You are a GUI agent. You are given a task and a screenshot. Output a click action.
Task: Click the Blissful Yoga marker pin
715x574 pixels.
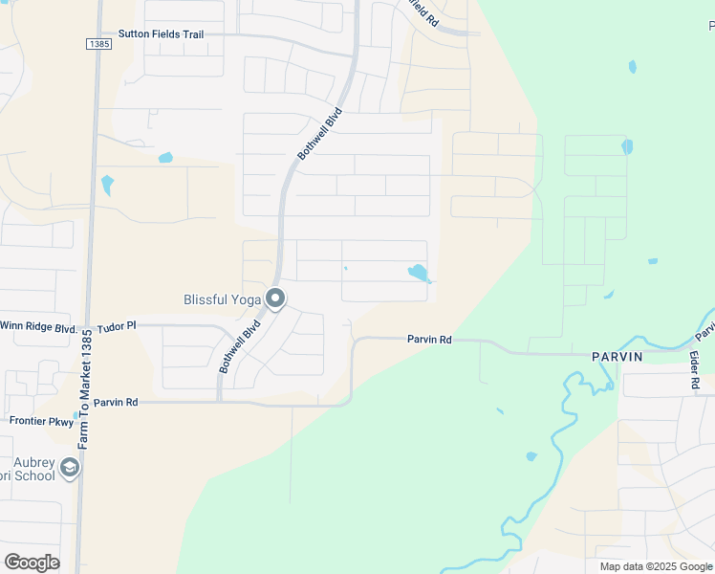point(275,298)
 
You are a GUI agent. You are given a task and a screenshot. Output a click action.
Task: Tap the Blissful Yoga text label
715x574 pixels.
point(222,299)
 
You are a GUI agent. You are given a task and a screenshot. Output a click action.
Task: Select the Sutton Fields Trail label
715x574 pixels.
point(161,34)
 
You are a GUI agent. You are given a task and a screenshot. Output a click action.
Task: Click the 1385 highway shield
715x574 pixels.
point(97,44)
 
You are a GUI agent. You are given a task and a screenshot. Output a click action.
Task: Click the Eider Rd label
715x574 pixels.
point(694,368)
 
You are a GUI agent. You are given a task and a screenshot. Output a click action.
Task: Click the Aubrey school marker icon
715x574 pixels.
point(69,468)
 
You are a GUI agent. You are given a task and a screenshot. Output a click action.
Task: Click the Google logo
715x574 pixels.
point(32,562)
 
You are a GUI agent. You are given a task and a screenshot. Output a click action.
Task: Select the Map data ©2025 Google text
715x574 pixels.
point(657,566)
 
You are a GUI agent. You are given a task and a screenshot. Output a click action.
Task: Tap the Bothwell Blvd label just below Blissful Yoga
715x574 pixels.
point(240,345)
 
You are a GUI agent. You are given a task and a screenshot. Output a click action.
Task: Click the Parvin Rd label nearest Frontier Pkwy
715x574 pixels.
point(117,403)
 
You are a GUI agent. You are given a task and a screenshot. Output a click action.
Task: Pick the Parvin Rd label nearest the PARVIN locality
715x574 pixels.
point(428,340)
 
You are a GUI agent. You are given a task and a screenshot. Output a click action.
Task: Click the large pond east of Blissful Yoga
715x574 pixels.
point(419,273)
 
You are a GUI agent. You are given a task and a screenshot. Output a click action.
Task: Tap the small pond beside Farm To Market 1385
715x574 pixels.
point(107,184)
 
